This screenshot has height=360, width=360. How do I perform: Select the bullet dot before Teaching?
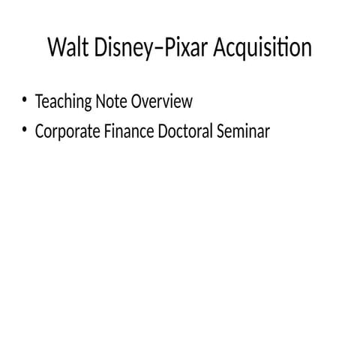click(25, 100)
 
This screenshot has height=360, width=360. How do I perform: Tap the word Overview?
click(162, 100)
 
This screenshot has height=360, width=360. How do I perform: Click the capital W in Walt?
click(55, 48)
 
